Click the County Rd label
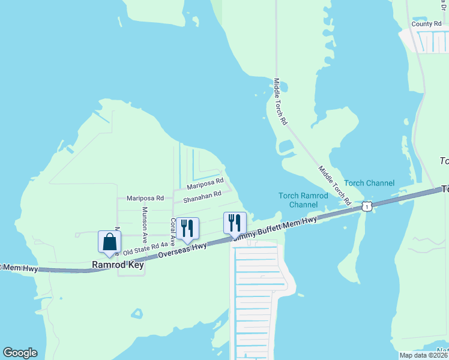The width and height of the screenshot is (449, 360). tap(426, 24)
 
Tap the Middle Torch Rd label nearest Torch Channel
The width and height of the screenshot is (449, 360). tap(334, 185)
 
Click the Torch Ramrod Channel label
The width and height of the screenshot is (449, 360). tap(303, 200)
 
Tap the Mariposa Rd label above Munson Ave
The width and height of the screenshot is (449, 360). tap(145, 197)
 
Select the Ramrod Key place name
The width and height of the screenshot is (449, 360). tap(118, 265)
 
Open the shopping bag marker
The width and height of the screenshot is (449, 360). tap(110, 242)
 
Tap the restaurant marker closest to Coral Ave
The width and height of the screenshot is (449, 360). tap(187, 228)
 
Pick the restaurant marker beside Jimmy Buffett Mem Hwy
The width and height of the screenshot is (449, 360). tap(235, 223)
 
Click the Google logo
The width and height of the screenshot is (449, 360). tap(20, 353)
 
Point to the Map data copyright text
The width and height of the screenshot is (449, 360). tap(424, 355)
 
